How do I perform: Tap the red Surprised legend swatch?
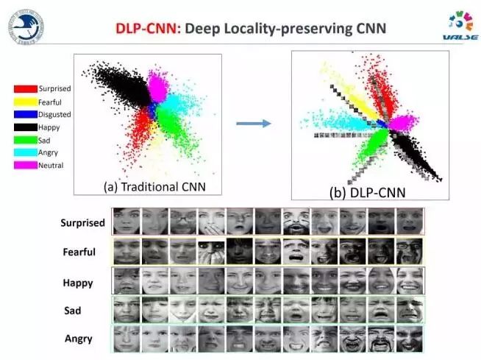(x=26, y=89)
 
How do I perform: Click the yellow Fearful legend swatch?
(x=26, y=102)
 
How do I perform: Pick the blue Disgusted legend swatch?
(x=26, y=114)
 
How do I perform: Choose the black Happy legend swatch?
(x=26, y=127)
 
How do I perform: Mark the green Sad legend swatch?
(x=26, y=140)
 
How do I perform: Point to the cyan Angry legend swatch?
(x=26, y=152)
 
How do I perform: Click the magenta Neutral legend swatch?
(x=26, y=165)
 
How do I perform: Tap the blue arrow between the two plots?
(x=254, y=123)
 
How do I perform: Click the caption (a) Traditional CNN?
(x=152, y=187)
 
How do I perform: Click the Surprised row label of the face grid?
(x=82, y=222)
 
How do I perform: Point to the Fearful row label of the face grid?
(x=79, y=253)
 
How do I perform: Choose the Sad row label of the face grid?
(x=72, y=311)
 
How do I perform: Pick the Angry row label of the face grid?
(x=77, y=339)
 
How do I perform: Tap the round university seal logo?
(x=26, y=26)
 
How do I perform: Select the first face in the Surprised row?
(x=127, y=221)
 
